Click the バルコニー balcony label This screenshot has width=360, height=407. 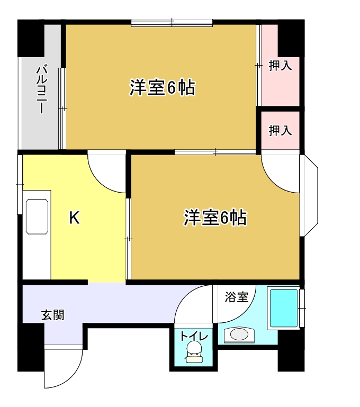[41, 90]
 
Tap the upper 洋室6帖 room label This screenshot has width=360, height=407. [163, 88]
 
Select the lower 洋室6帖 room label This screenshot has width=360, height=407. [215, 217]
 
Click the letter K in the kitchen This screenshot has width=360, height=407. [74, 218]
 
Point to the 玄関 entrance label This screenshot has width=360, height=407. [53, 315]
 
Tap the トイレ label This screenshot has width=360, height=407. [194, 336]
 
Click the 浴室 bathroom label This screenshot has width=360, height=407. [237, 297]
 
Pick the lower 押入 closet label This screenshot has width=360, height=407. [280, 130]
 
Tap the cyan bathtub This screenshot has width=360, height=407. [284, 308]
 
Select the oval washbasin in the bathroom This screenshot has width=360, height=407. [239, 334]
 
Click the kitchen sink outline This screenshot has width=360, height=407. [37, 217]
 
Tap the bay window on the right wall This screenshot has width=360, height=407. [309, 196]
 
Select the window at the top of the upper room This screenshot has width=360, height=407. [172, 23]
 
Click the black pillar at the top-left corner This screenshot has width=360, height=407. [31, 38]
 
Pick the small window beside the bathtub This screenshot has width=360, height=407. [302, 308]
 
